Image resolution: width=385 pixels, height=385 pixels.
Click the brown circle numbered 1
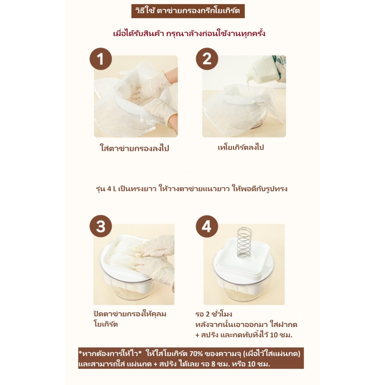[101, 59]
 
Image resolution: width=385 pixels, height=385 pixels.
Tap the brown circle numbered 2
[207, 59]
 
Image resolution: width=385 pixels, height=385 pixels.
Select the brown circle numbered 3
[101, 226]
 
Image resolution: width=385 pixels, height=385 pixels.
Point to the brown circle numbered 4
[207, 226]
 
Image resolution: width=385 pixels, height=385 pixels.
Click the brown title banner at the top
[188, 11]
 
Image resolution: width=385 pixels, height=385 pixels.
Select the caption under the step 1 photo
[134, 148]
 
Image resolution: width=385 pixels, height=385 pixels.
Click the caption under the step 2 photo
[241, 147]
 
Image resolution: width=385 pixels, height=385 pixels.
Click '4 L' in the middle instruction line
[112, 189]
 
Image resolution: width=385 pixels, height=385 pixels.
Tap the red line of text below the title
[189, 33]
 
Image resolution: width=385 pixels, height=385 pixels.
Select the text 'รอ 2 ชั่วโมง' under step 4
[214, 314]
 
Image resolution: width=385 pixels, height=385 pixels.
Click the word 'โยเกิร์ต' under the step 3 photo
[106, 324]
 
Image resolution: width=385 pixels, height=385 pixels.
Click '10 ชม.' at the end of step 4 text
[281, 335]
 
